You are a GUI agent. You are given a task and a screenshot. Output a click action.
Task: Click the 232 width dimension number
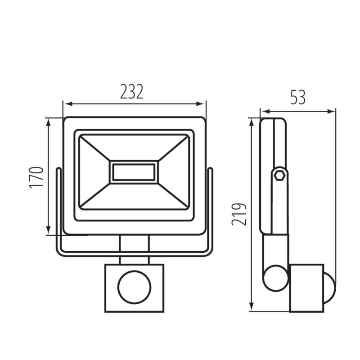131,91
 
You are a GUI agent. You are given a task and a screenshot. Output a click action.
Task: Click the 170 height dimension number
37,177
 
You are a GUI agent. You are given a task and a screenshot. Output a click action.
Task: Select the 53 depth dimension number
297,97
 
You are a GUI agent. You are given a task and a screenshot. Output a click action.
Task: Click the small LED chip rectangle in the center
134,172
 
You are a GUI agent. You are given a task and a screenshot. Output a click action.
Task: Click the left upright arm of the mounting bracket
58,209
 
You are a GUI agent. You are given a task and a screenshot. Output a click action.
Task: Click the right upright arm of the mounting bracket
210,209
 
